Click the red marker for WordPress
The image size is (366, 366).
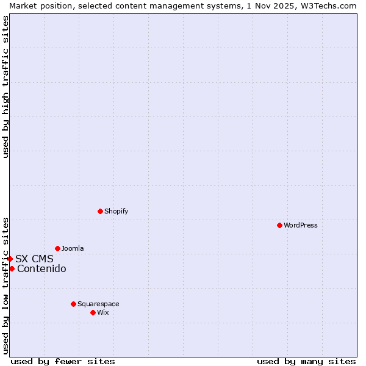pyautogui.click(x=279, y=225)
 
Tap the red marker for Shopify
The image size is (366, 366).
pyautogui.click(x=100, y=211)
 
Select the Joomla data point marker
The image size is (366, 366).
pyautogui.click(x=57, y=248)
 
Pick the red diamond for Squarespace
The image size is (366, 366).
pyautogui.click(x=73, y=304)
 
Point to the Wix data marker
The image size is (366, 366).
pyautogui.click(x=93, y=312)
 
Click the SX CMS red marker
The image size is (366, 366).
pyautogui.click(x=10, y=259)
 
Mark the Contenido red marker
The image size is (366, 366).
pyautogui.click(x=12, y=268)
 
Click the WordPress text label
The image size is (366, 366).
pyautogui.click(x=301, y=225)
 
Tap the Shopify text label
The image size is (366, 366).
pyautogui.click(x=116, y=211)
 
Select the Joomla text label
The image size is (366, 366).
pyautogui.click(x=73, y=248)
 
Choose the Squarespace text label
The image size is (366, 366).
pyautogui.click(x=98, y=304)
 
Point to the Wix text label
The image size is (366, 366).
pyautogui.click(x=103, y=312)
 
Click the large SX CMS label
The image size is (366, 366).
pyautogui.click(x=34, y=259)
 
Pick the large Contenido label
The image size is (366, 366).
pyautogui.click(x=41, y=269)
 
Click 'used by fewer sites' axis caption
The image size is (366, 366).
pyautogui.click(x=63, y=361)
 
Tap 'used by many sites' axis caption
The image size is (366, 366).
pyautogui.click(x=306, y=361)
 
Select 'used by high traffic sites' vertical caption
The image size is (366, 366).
pyautogui.click(x=5, y=87)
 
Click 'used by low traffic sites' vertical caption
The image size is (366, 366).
pyautogui.click(x=5, y=285)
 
